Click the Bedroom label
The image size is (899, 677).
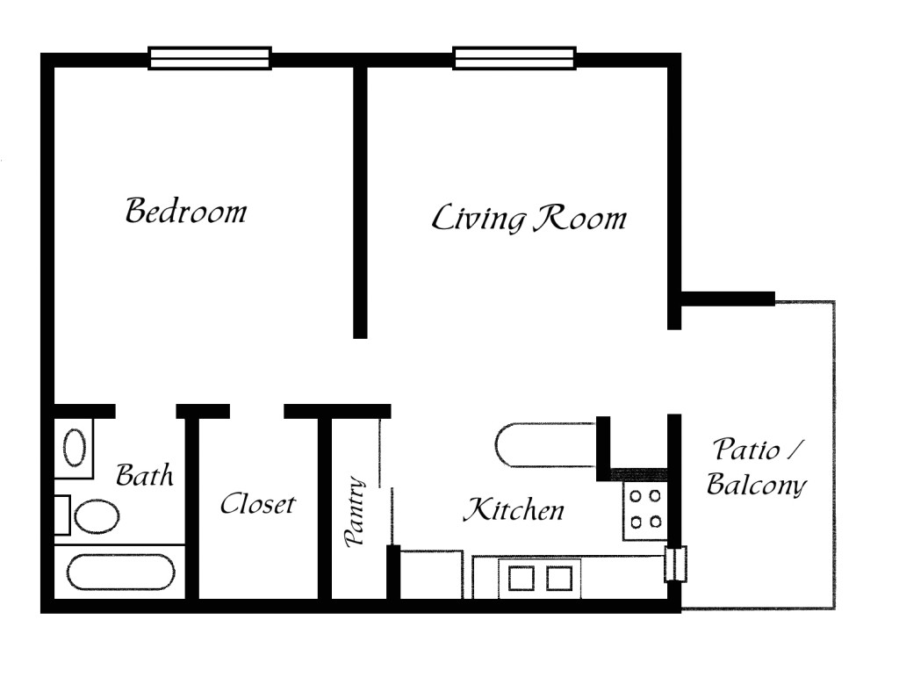185,212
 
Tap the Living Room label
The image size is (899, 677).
529,218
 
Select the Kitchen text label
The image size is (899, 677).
514,509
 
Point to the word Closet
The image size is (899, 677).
257,504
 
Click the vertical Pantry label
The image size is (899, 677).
356,513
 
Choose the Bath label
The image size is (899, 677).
145,476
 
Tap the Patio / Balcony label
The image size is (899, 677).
756,467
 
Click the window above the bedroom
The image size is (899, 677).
210,58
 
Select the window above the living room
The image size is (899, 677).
514,58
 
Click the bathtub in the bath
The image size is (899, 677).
119,573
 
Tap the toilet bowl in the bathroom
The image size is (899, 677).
96,515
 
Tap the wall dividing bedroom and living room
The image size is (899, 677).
359,202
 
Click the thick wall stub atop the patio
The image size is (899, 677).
727,299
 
